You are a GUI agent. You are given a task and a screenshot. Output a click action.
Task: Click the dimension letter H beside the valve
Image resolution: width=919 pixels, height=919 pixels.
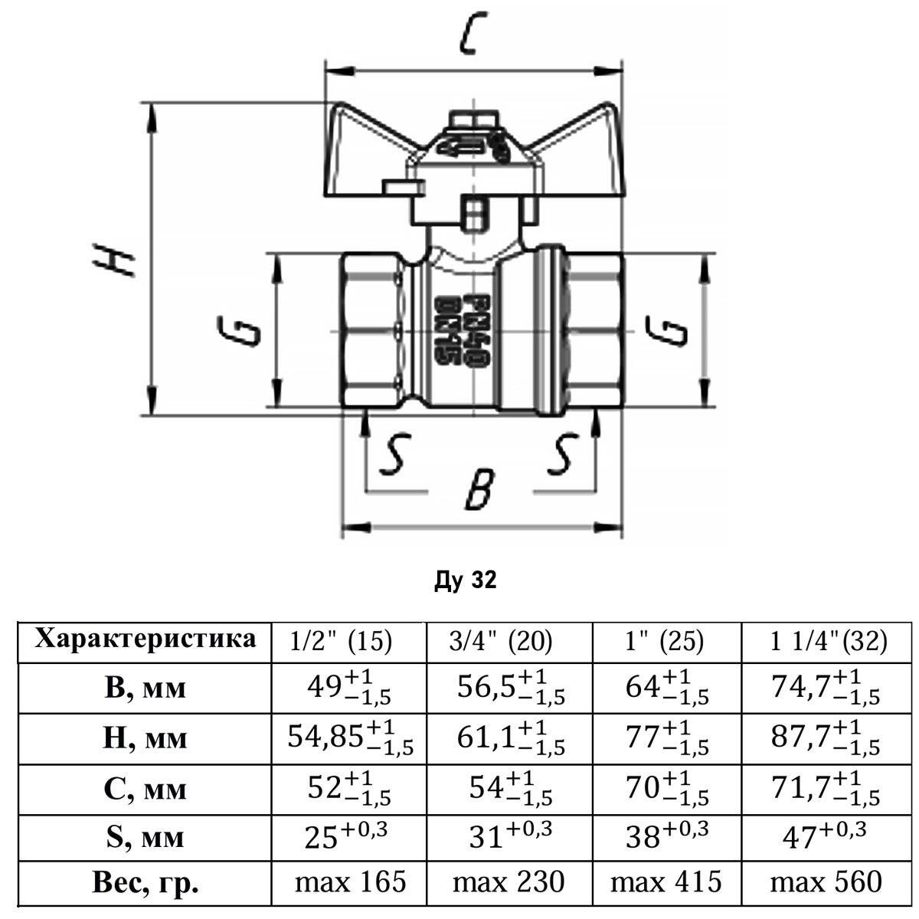[113, 260]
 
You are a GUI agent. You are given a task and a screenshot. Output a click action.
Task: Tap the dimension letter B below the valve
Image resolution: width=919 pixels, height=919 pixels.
[478, 488]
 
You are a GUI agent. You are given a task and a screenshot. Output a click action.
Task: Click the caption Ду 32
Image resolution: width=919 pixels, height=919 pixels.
[465, 581]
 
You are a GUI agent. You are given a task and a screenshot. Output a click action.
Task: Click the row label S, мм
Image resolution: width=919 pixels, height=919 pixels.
[146, 836]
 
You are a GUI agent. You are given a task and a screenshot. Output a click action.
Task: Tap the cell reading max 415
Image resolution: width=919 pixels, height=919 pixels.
[666, 882]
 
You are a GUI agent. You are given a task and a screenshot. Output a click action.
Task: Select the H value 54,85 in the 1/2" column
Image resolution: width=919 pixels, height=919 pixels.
[350, 737]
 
